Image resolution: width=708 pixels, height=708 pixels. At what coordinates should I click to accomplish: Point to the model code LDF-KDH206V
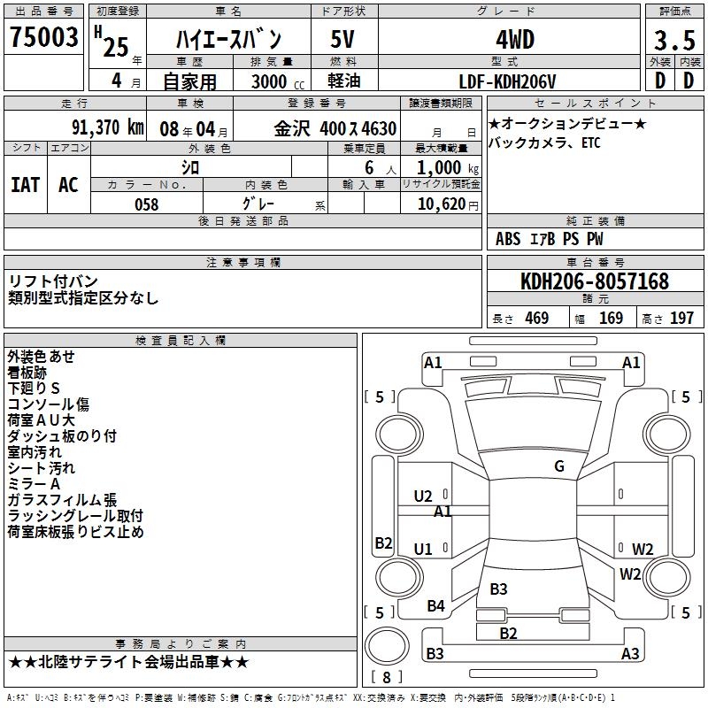[x=508, y=81]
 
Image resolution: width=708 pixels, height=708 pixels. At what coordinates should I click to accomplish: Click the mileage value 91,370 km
[x=107, y=127]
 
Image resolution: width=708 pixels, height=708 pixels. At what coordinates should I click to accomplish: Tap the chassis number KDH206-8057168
[x=594, y=281]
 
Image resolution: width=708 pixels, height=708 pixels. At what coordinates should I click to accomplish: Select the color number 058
[x=146, y=204]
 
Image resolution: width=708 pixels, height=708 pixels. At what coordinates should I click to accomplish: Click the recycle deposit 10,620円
[x=441, y=204]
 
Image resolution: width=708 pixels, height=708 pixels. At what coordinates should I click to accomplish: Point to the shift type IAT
[x=25, y=184]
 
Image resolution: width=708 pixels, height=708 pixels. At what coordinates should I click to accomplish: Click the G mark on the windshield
[x=559, y=466]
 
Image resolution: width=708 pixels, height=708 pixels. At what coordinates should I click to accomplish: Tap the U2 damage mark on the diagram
[x=423, y=496]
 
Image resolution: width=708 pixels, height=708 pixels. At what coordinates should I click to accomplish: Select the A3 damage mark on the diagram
[x=630, y=654]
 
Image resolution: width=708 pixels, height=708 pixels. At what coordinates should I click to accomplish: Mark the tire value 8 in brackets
[x=386, y=677]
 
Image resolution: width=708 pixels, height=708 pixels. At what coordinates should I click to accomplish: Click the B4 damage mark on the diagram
[x=435, y=606]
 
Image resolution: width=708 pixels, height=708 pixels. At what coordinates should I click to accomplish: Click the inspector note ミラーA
[x=35, y=484]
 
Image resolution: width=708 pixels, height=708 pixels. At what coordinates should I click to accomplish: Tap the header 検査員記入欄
[x=181, y=340]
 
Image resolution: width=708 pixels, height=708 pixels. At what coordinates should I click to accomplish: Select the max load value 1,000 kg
[x=441, y=167]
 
